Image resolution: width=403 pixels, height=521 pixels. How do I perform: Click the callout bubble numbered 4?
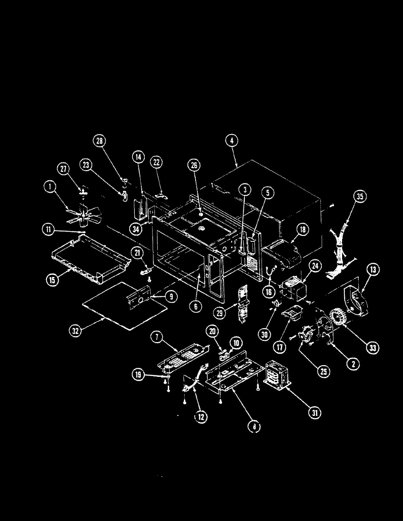click(232, 141)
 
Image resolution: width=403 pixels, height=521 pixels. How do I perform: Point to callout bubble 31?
click(315, 412)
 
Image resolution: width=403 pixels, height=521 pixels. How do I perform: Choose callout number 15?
click(52, 280)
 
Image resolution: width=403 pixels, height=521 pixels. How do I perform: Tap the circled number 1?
click(50, 188)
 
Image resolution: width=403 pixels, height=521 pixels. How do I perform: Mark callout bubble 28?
click(100, 141)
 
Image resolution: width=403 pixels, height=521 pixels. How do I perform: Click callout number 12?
click(200, 417)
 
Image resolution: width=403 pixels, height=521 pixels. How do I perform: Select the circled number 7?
click(158, 336)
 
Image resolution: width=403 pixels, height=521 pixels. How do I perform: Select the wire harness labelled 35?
click(341, 245)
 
